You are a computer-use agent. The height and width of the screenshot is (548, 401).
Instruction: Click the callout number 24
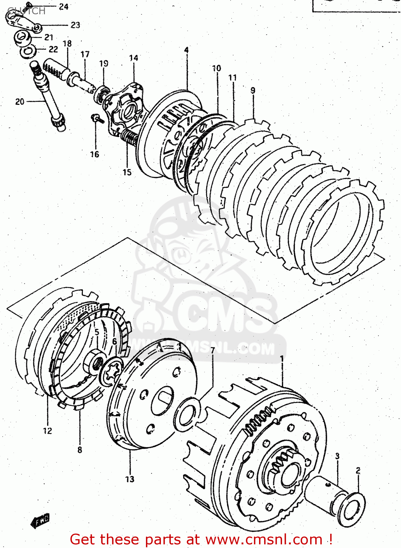point(63,7)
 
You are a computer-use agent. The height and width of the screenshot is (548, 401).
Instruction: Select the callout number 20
point(20,102)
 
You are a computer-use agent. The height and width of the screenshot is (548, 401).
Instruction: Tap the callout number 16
point(95,155)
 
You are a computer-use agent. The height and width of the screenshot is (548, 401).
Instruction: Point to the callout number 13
point(130,479)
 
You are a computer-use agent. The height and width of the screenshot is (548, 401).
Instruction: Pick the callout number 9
point(253,91)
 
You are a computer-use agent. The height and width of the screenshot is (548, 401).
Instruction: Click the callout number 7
point(213,351)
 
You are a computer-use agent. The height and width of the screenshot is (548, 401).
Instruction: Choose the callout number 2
point(358,471)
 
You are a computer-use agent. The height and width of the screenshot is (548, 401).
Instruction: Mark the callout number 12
point(47,431)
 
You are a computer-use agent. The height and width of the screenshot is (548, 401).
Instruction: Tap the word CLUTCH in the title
point(26,11)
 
